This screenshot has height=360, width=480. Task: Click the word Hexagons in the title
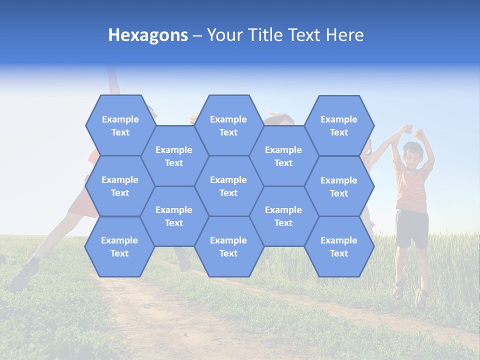148,35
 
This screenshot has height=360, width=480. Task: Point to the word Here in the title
344,35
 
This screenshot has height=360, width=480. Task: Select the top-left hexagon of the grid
120,125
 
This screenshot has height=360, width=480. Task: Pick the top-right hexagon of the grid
339,125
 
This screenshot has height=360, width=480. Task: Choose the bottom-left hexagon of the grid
119,246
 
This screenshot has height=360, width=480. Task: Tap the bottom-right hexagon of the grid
339,246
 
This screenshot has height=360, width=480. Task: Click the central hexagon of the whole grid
228,186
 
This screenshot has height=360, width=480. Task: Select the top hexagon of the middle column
228,125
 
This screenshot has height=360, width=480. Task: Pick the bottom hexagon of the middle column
228,246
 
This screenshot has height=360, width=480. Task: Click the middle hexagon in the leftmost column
120,186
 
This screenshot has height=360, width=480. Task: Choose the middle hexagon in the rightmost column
339,186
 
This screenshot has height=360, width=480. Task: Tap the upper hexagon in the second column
174,156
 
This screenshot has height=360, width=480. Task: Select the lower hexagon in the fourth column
283,216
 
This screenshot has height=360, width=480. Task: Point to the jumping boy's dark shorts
411,227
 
